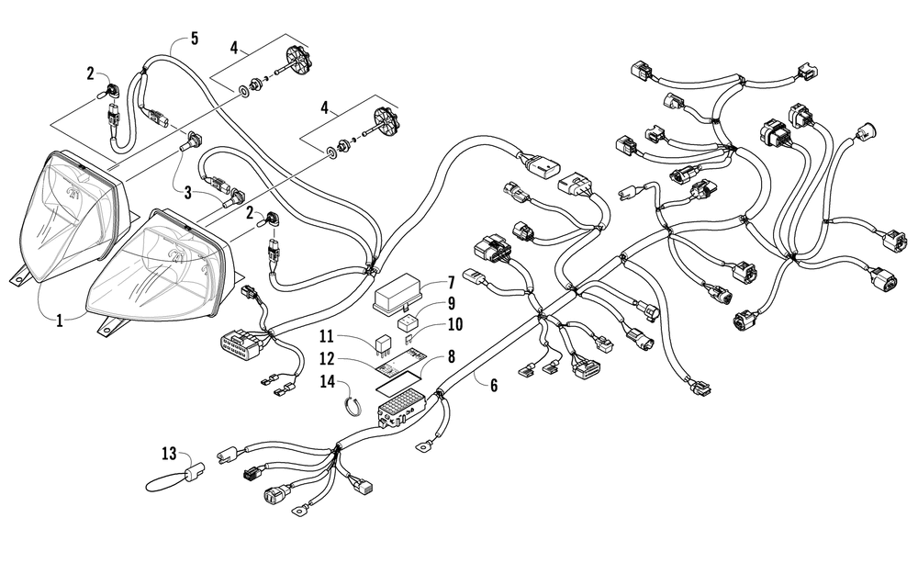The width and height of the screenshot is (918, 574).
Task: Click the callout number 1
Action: [59, 321]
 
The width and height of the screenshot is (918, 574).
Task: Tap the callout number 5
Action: [195, 39]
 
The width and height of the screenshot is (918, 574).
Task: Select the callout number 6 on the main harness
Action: [494, 386]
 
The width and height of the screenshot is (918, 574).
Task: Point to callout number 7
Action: [451, 283]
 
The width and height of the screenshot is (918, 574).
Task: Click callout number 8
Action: [451, 356]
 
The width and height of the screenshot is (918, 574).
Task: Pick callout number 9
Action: [451, 303]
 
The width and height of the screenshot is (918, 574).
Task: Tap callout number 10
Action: [454, 324]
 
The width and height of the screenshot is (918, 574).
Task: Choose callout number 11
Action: [326, 337]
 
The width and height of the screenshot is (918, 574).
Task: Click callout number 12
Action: [326, 358]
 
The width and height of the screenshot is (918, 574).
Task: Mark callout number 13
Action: [169, 453]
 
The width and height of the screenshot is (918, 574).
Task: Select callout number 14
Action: [328, 382]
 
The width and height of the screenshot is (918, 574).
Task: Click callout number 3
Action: [187, 192]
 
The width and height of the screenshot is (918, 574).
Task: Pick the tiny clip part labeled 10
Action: [409, 338]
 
